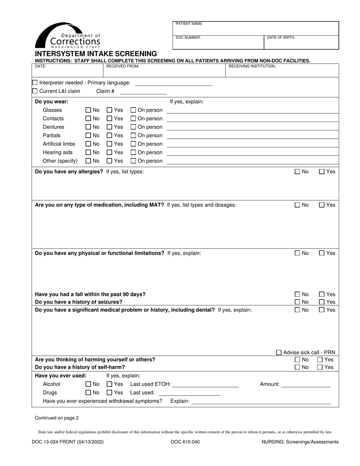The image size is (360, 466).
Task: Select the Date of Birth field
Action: [x=301, y=42]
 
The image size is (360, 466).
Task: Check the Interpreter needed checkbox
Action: [x=35, y=83]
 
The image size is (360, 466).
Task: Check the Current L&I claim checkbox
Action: [x=35, y=91]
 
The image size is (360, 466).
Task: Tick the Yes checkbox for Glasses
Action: [x=109, y=110]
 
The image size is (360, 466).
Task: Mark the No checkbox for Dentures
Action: [x=88, y=127]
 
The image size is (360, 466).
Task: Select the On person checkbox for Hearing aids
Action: [x=133, y=152]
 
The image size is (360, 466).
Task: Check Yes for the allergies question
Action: [x=322, y=172]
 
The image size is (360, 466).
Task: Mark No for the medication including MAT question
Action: [x=297, y=205]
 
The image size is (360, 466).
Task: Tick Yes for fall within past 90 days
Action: [x=322, y=294]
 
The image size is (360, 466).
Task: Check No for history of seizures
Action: [x=297, y=302]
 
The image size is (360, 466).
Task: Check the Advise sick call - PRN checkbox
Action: [x=279, y=352]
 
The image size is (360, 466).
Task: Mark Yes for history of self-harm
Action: [x=320, y=367]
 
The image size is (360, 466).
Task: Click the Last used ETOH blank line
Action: [x=205, y=385]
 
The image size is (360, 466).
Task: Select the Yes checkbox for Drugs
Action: [x=109, y=393]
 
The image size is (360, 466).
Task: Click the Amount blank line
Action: [x=306, y=385]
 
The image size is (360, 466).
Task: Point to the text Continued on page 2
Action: [x=57, y=418]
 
